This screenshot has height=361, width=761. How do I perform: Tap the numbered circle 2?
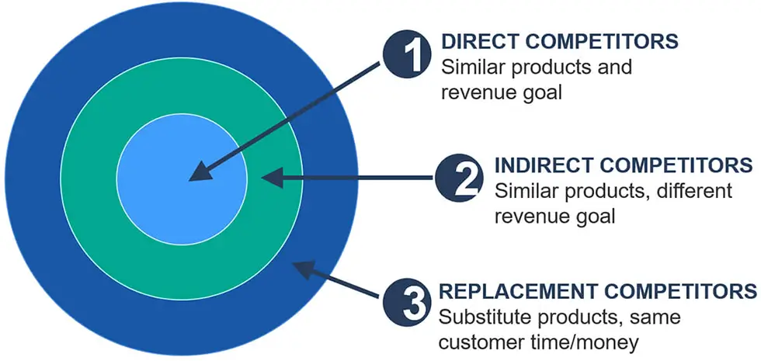(459, 178)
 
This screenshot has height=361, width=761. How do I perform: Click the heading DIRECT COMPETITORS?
(560, 42)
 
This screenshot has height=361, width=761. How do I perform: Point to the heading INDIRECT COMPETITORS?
(624, 165)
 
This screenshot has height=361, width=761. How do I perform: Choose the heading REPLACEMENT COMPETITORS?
(598, 291)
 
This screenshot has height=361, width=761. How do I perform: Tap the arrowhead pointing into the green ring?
(272, 178)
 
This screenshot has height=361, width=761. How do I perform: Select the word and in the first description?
(614, 67)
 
